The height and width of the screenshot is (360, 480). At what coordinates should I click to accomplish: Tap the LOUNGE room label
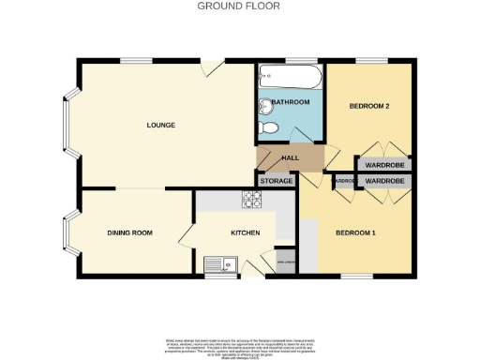click(x=160, y=125)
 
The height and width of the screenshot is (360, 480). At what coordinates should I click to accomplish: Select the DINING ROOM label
click(x=130, y=232)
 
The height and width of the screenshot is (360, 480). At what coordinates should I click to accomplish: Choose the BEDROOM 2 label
click(x=369, y=106)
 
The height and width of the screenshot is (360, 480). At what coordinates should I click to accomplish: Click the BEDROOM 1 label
click(x=356, y=232)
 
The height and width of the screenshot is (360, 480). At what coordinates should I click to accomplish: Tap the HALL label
click(x=291, y=157)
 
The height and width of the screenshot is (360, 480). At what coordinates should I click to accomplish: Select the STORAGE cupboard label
click(x=277, y=179)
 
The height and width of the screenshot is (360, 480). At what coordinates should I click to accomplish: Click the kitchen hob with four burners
click(x=253, y=199)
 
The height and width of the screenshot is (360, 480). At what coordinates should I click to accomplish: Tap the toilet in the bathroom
click(x=269, y=127)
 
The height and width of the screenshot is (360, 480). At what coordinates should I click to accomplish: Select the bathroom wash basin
click(x=262, y=103)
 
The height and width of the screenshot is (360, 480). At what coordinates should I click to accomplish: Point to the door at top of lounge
click(x=213, y=66)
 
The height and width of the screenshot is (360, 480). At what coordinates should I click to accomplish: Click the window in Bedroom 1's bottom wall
click(x=354, y=276)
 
